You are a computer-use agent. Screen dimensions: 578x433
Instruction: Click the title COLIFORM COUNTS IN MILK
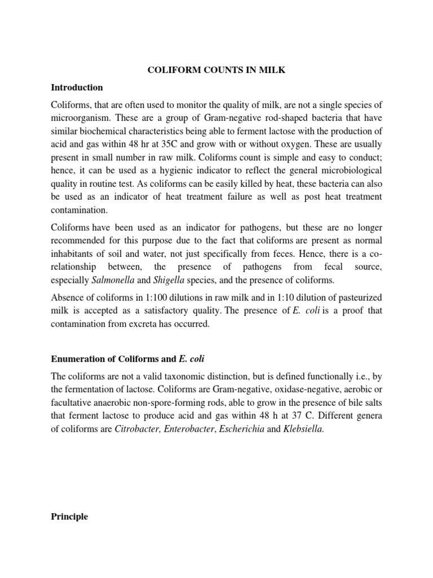pyautogui.click(x=216, y=70)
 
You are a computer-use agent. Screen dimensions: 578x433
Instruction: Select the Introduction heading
pyautogui.click(x=77, y=87)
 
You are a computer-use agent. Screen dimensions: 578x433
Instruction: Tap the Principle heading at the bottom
pyautogui.click(x=69, y=516)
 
